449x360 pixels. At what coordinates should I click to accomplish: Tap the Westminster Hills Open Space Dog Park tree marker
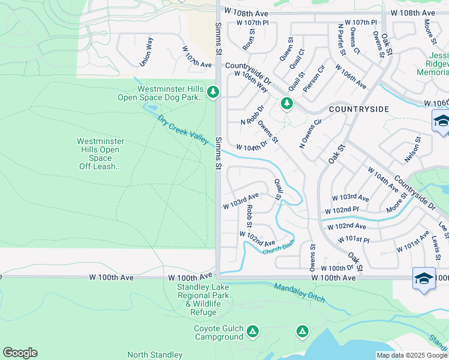coord(212,92)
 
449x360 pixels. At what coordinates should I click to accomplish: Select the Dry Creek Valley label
coord(184,130)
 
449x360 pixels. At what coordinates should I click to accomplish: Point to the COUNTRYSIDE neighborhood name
coord(359,109)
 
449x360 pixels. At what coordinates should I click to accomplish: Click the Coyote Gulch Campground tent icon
coord(253,331)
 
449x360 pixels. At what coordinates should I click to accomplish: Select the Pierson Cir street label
coord(314,79)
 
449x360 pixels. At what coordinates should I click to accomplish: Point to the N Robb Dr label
coord(252,116)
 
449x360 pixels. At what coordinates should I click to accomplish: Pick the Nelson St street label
coord(411,149)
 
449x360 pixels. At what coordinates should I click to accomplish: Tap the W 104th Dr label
coord(252,147)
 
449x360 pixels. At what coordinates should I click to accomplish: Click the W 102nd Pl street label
coord(341,211)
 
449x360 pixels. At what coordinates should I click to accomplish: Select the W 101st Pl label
coord(354,239)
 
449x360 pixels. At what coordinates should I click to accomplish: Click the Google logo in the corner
coord(20,353)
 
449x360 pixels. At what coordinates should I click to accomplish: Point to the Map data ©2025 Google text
coord(411,355)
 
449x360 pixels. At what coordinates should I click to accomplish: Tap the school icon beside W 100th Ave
coord(424,278)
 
